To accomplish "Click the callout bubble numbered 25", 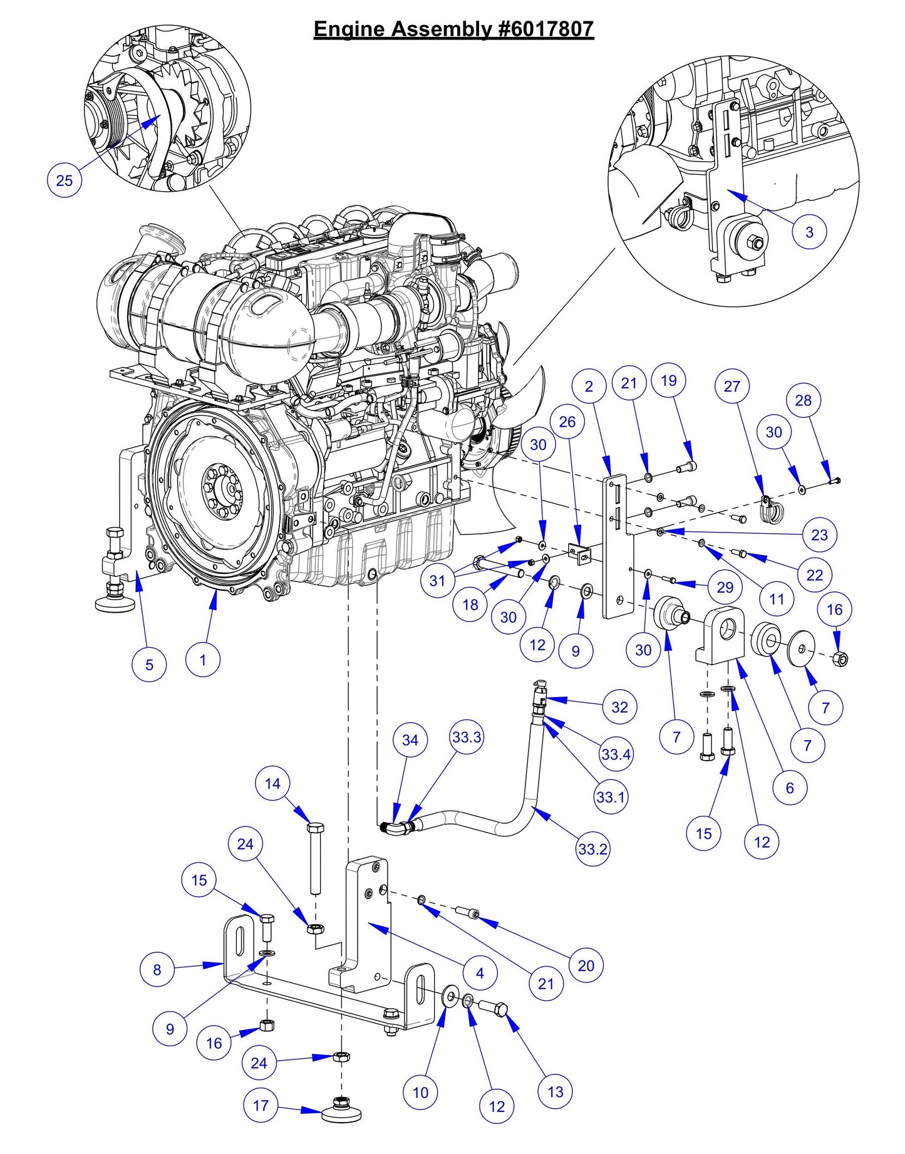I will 65,180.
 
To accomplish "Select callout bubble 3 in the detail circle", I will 809,232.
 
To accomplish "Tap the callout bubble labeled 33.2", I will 592,849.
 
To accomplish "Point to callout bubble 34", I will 410,740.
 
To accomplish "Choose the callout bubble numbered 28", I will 803,400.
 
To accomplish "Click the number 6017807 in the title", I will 546,29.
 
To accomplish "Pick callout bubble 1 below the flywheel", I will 202,660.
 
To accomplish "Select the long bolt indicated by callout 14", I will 316,858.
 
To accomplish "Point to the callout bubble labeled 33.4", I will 616,754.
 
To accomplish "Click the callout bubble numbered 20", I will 586,965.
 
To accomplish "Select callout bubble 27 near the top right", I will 732,386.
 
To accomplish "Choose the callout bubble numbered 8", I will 157,970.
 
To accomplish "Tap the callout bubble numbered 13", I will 555,1091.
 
